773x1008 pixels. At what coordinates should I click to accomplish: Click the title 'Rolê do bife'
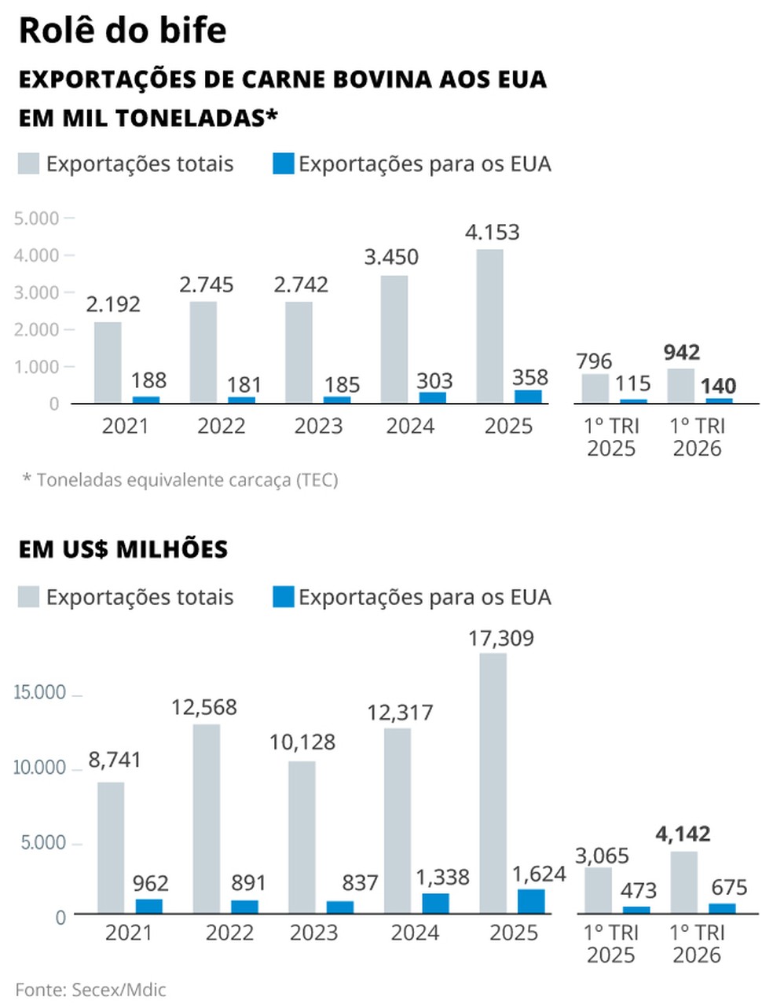tap(123, 31)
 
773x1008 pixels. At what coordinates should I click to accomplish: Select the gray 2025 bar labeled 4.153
tap(489, 325)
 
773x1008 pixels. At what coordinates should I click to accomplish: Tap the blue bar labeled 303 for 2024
tap(432, 397)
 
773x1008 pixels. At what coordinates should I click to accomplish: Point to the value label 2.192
tap(113, 304)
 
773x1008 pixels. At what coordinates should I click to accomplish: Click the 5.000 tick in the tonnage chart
tap(37, 218)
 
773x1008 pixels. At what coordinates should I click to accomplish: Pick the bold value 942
tap(681, 353)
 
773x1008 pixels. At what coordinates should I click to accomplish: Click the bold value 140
tap(718, 386)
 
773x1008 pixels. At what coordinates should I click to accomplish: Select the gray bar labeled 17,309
tap(493, 783)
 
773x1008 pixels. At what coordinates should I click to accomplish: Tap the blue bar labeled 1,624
tap(531, 901)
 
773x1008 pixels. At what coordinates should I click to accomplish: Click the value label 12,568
tap(204, 707)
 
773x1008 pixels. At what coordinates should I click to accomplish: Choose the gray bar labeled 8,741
tap(111, 848)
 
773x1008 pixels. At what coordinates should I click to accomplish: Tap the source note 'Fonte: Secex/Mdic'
tap(90, 990)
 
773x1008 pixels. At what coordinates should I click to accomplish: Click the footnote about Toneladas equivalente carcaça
tap(181, 480)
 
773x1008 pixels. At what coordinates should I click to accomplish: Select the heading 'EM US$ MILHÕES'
tap(123, 549)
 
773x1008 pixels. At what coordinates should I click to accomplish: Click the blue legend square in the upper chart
tap(284, 163)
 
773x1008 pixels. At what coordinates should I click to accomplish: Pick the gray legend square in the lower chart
tap(28, 596)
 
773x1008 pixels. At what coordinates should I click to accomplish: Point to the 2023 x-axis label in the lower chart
tap(314, 933)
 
